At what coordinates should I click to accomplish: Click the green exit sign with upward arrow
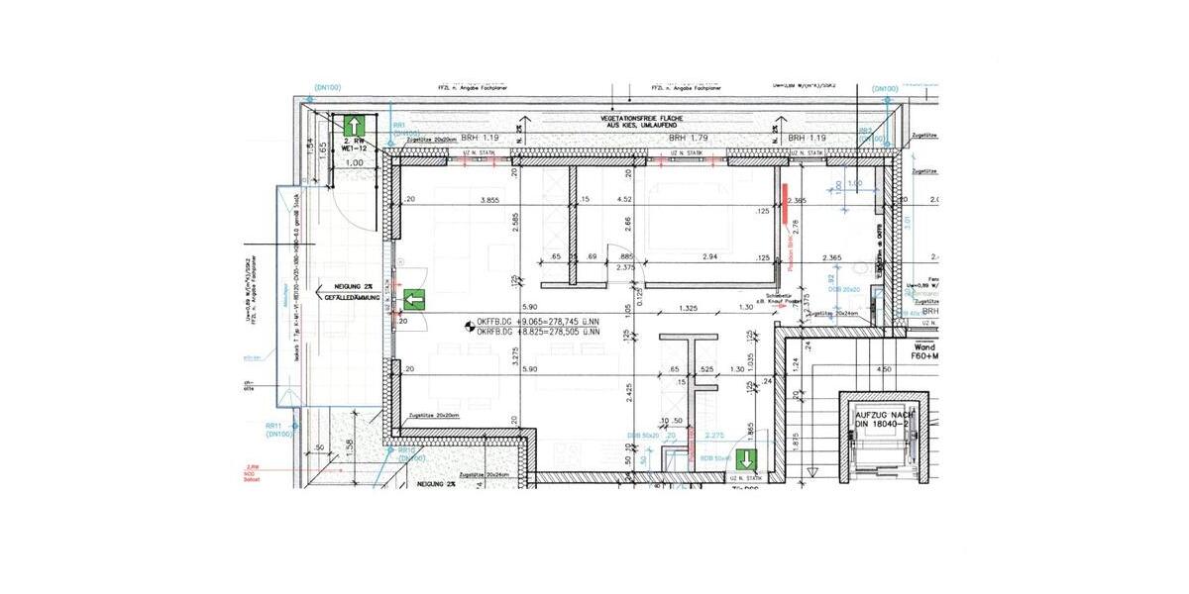pos(354,127)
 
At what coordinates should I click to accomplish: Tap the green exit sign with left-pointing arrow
pos(414,299)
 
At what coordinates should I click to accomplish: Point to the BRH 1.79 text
pos(687,139)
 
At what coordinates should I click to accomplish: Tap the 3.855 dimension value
pos(488,201)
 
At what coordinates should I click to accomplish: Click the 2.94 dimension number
pos(710,256)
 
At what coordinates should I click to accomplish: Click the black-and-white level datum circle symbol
pos(469,324)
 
